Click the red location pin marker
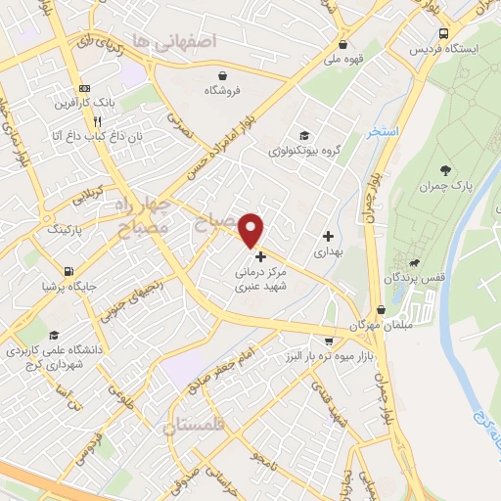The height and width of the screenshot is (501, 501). click(251, 229)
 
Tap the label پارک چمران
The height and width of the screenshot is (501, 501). click(445, 186)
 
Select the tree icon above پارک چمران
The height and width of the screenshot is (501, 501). click(446, 170)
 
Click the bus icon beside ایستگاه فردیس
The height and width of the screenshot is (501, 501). click(444, 32)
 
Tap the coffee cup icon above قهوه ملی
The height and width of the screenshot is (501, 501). click(342, 44)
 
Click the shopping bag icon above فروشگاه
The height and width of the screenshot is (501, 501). click(223, 74)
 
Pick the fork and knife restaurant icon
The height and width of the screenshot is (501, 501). click(97, 121)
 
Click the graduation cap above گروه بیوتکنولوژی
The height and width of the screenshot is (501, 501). click(304, 135)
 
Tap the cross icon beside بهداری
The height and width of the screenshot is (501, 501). click(328, 236)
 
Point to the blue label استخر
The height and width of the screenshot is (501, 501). click(382, 131)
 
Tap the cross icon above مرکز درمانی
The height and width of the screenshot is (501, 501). click(259, 255)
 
